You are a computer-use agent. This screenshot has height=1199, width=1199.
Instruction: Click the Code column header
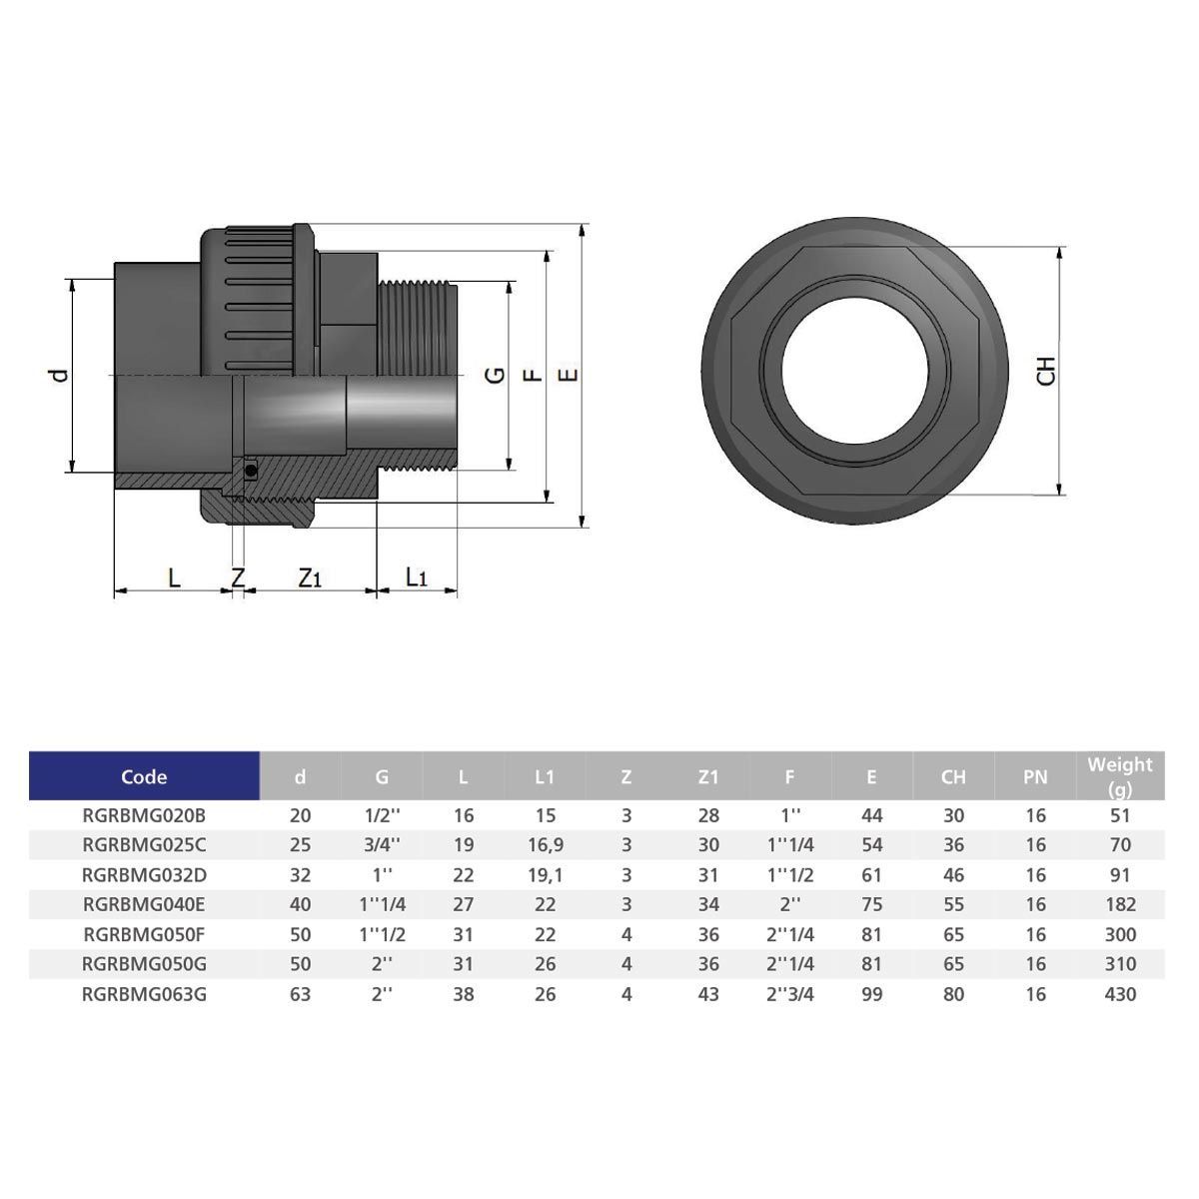[x=144, y=776]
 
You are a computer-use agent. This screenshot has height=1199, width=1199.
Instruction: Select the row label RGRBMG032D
[x=145, y=875]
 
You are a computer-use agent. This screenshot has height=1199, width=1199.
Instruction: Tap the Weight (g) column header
[x=1119, y=776]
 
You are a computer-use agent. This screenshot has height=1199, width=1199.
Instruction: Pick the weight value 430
[x=1120, y=994]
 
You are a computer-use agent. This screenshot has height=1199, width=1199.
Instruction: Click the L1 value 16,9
[x=545, y=845]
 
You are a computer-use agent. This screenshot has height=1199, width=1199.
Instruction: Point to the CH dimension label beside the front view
[x=1046, y=371]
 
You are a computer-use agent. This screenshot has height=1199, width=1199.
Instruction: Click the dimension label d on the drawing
[x=61, y=375]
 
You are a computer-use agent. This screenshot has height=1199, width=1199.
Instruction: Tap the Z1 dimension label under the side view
[x=310, y=578]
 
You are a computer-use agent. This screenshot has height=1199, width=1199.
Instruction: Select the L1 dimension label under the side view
[x=416, y=578]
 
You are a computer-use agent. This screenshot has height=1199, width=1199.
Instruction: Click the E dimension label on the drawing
[x=568, y=375]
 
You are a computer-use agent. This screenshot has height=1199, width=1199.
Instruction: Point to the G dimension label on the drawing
[x=494, y=375]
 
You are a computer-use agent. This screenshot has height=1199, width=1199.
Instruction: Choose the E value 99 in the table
[x=871, y=994]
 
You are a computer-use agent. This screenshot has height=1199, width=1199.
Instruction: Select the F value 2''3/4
[x=789, y=994]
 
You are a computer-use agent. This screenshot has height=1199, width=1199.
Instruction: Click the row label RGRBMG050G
[x=145, y=964]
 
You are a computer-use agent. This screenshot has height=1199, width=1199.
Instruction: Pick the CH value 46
[x=953, y=875]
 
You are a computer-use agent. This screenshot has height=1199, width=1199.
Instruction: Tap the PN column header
[x=1035, y=776]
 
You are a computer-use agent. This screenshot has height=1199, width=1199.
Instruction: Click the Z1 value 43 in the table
[x=708, y=994]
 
